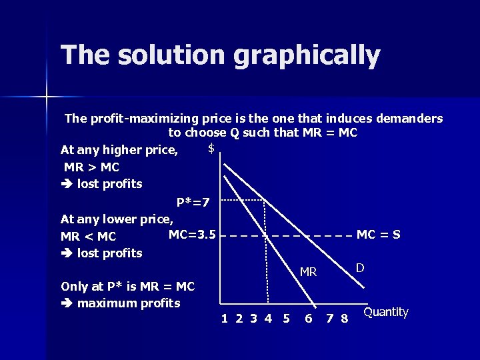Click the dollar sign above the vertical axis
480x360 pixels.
pyautogui.click(x=211, y=148)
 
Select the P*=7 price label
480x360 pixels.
pyautogui.click(x=193, y=202)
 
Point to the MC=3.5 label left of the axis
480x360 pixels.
pyautogui.click(x=192, y=234)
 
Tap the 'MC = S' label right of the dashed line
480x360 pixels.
pyautogui.click(x=379, y=235)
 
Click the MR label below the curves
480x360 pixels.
pyautogui.click(x=308, y=272)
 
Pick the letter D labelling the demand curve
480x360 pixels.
pyautogui.click(x=359, y=268)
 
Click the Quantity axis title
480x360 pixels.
pyautogui.click(x=386, y=312)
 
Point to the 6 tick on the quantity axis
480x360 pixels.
pyautogui.click(x=308, y=319)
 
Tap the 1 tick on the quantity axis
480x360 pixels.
pyautogui.click(x=225, y=319)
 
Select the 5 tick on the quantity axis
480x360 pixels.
pyautogui.click(x=286, y=319)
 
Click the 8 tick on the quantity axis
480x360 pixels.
pyautogui.click(x=344, y=319)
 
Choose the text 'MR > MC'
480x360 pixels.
pyautogui.click(x=91, y=167)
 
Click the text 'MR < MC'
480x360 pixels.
pyautogui.click(x=89, y=237)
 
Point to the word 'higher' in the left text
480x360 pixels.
pyautogui.click(x=125, y=150)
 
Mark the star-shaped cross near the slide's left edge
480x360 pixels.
pyautogui.click(x=47, y=97)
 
